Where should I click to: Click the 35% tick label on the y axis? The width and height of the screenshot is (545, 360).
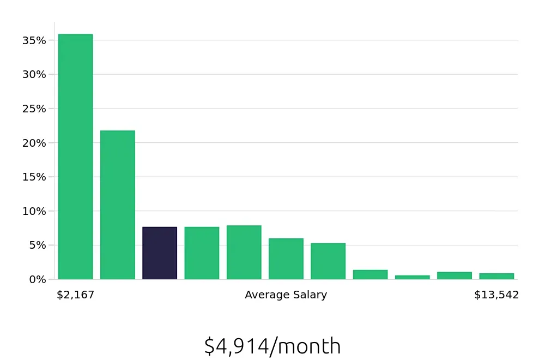click(34, 40)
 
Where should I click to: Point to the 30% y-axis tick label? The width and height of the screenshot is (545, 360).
click(34, 74)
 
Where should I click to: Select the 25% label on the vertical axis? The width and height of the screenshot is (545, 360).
click(34, 109)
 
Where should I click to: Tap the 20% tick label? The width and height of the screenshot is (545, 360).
click(34, 143)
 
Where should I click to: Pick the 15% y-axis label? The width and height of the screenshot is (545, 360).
click(34, 177)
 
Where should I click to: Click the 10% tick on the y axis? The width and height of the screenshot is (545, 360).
click(34, 211)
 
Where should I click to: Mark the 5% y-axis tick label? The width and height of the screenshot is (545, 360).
click(37, 245)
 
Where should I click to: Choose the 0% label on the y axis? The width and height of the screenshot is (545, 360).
click(37, 279)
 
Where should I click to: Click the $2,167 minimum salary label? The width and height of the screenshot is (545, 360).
click(75, 295)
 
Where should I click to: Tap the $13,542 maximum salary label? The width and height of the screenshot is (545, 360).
click(496, 295)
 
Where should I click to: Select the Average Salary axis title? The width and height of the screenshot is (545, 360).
click(286, 295)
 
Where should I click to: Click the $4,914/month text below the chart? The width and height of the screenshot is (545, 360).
click(272, 346)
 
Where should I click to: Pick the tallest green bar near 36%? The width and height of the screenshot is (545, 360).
click(75, 157)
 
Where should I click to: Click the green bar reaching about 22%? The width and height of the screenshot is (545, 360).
click(118, 205)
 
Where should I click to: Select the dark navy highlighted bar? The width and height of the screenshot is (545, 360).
click(160, 253)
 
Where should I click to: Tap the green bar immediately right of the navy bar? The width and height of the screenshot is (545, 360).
click(202, 253)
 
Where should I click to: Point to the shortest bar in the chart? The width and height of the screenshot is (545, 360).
click(412, 277)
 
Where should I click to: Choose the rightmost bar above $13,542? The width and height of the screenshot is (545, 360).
click(496, 276)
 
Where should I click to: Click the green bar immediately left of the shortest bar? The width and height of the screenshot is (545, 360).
click(370, 274)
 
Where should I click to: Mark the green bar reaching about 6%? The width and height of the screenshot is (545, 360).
click(286, 259)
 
